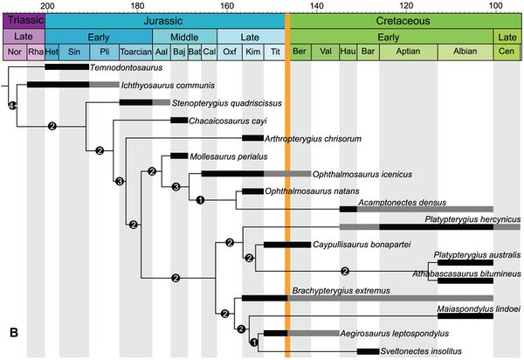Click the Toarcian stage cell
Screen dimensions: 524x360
pyautogui.click(x=135, y=52)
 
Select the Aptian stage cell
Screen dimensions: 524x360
pyautogui.click(x=409, y=52)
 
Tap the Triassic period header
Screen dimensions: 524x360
pyautogui.click(x=24, y=21)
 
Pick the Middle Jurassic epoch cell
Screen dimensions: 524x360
pyautogui.click(x=185, y=37)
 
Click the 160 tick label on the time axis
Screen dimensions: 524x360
pyautogui.click(x=227, y=6)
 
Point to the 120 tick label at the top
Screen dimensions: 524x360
pyautogui.click(x=406, y=6)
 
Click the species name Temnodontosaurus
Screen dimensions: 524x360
pyautogui.click(x=127, y=67)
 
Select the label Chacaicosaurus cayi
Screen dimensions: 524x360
pyautogui.click(x=228, y=121)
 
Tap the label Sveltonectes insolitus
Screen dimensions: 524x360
pyautogui.click(x=421, y=351)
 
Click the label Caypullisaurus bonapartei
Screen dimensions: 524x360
pyautogui.click(x=362, y=245)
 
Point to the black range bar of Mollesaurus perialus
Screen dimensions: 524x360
pyautogui.click(x=179, y=156)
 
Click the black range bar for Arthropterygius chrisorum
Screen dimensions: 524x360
pyautogui.click(x=252, y=138)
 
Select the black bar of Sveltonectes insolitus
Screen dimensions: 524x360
pyautogui.click(x=369, y=351)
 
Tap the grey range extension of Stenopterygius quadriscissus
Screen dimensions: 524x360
pyautogui.click(x=162, y=102)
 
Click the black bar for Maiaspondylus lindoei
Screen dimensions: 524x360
pyautogui.click(x=465, y=316)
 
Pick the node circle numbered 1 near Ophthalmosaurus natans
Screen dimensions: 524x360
pyautogui.click(x=200, y=200)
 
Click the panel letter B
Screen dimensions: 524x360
pyautogui.click(x=14, y=333)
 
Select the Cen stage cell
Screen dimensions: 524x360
pyautogui.click(x=507, y=52)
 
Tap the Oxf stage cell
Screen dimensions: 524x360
pyautogui.click(x=230, y=52)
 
